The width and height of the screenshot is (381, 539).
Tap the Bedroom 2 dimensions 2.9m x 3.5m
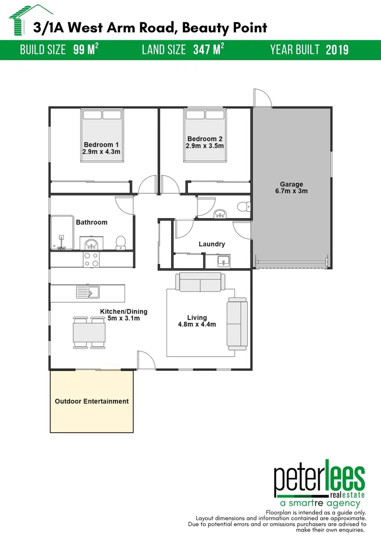[205, 146]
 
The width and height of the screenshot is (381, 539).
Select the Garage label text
[291, 184]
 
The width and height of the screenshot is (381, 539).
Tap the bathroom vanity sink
[91, 244]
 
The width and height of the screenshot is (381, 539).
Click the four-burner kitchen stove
[91, 259]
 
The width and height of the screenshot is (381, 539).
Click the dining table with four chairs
[90, 332]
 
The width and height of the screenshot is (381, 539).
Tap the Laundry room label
[211, 244]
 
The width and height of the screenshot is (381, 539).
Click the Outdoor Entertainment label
[91, 401]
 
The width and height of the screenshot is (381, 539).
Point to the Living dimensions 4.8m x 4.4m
[197, 325]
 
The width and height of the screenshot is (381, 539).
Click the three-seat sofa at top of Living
[199, 283]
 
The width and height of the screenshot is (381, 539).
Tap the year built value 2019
[337, 50]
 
